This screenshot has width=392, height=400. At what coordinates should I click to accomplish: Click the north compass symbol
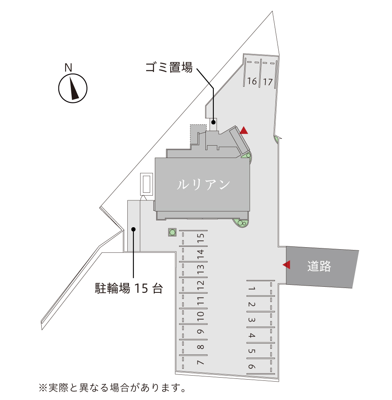[73, 88]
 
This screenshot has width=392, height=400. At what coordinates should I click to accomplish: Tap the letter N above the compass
[68, 68]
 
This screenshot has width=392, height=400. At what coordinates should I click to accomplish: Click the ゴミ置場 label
[169, 68]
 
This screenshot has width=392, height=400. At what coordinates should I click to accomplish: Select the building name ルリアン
[203, 184]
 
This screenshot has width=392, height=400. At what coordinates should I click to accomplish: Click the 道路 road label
[319, 266]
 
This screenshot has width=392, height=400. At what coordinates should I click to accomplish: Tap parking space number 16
[252, 82]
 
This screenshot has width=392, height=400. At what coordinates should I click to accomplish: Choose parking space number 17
[268, 82]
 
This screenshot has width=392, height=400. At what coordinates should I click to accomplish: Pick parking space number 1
[251, 288]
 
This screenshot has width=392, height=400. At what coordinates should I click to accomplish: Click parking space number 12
[201, 285]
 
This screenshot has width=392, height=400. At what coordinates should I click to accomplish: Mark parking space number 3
[251, 320]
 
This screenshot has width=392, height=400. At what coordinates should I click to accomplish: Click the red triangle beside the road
[286, 264]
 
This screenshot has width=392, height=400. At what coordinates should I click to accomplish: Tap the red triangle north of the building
[244, 130]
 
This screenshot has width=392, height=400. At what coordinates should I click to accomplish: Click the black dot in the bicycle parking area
[134, 229]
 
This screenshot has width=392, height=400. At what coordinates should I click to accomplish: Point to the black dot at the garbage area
[214, 122]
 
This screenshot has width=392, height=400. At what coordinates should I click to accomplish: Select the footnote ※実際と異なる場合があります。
[113, 388]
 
